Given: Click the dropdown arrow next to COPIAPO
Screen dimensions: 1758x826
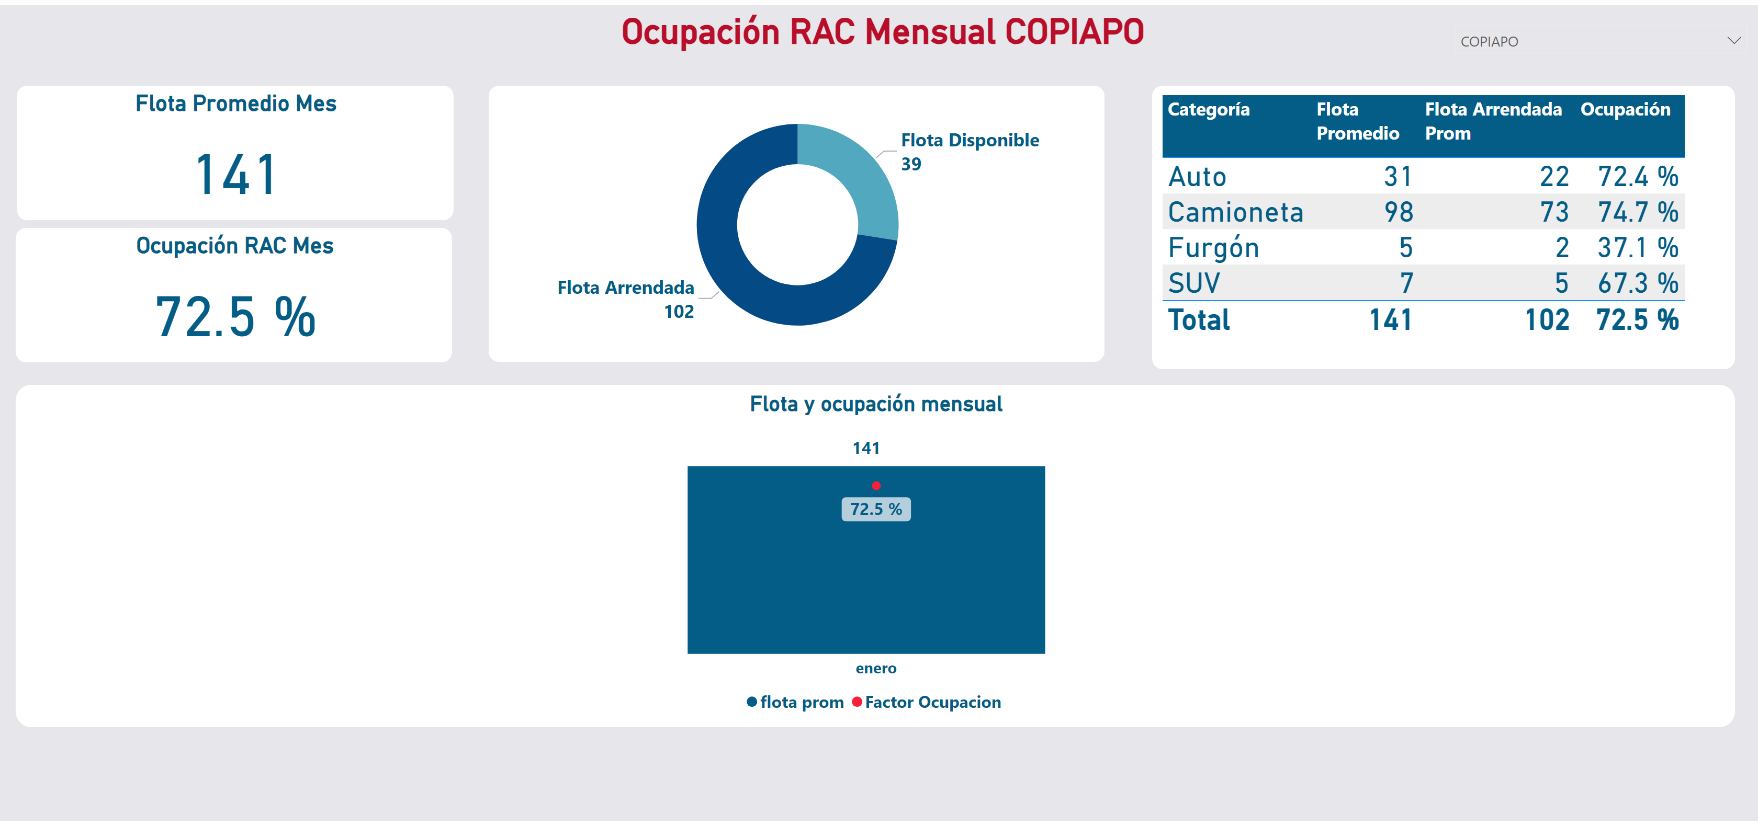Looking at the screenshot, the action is click(x=1733, y=41).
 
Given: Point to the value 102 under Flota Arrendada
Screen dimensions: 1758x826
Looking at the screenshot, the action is click(x=679, y=312).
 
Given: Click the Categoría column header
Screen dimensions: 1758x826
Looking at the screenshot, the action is click(x=1208, y=109).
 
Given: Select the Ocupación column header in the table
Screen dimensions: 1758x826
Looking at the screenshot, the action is click(x=1625, y=109).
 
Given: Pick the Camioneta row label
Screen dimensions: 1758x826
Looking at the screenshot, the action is click(x=1235, y=212).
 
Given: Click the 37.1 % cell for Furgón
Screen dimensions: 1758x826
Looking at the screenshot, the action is click(x=1637, y=248).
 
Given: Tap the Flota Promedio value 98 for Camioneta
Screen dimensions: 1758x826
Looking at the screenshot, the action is click(x=1399, y=212).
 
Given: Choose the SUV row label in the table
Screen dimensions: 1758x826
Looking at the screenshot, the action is click(x=1193, y=283).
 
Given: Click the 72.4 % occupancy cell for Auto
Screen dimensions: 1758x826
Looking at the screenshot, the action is click(x=1637, y=177).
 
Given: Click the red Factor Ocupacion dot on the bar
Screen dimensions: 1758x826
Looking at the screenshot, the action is click(x=876, y=486).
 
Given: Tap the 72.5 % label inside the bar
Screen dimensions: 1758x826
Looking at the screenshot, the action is click(x=876, y=509).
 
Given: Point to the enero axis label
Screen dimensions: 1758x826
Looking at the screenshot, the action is click(x=876, y=669).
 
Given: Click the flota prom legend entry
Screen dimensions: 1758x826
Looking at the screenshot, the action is click(x=795, y=702).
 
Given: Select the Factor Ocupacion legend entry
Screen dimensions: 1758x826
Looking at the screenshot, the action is click(x=926, y=702).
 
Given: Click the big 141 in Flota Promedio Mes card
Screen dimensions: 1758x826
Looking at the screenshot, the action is click(x=235, y=175).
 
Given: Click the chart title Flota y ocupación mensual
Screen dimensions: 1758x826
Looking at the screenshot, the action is click(x=876, y=404).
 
